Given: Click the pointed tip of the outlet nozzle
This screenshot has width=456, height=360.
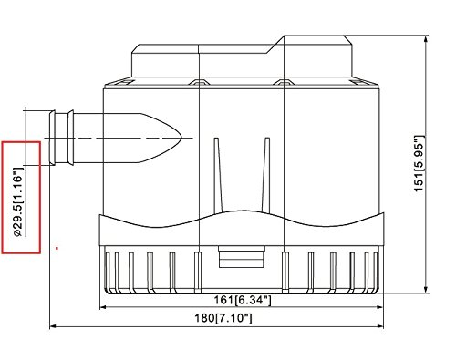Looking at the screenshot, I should click(x=183, y=137).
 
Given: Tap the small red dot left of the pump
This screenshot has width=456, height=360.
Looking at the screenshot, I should click(x=57, y=247).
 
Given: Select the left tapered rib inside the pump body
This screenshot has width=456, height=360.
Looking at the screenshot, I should click(x=216, y=171).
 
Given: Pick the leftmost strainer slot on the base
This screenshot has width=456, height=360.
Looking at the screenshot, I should click(x=111, y=269).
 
